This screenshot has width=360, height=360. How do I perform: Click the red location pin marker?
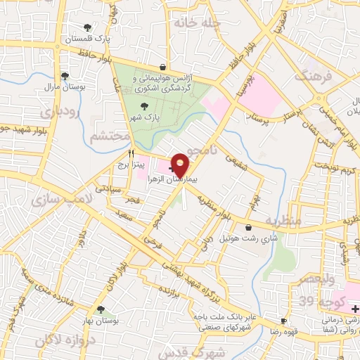pyautogui.click(x=181, y=165)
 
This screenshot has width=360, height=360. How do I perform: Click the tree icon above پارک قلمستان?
pyautogui.click(x=87, y=27)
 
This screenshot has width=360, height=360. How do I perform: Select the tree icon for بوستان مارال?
pyautogui.click(x=65, y=76)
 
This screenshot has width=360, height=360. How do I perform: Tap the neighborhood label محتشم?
pyautogui.click(x=110, y=136)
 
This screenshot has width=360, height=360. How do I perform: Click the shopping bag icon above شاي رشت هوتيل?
pyautogui.click(x=250, y=227)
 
